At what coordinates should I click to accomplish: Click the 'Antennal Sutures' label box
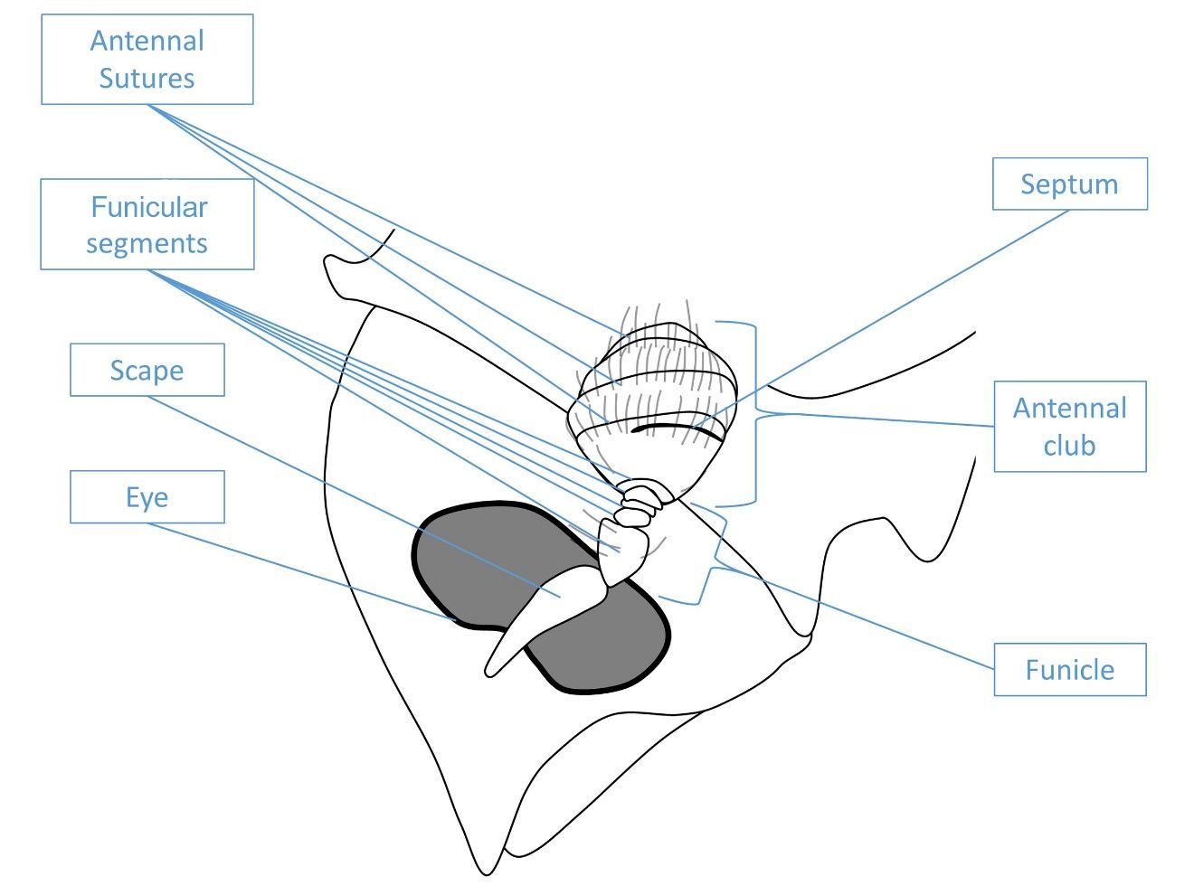[147, 60]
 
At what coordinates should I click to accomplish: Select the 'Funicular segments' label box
[147, 224]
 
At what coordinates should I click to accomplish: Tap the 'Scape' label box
[147, 370]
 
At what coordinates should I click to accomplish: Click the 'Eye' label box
[147, 497]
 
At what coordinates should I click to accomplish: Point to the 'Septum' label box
[1069, 184]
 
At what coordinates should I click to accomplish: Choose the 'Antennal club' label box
[1069, 427]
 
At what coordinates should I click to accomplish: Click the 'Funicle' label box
[1069, 670]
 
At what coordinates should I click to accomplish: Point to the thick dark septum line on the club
[678, 427]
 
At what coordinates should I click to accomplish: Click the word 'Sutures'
[147, 79]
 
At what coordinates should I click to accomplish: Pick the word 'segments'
[147, 243]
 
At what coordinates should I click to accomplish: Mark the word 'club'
[1069, 446]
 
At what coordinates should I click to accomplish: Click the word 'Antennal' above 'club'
[1069, 409]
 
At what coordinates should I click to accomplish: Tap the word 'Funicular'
[149, 207]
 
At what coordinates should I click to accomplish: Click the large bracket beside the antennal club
[754, 412]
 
